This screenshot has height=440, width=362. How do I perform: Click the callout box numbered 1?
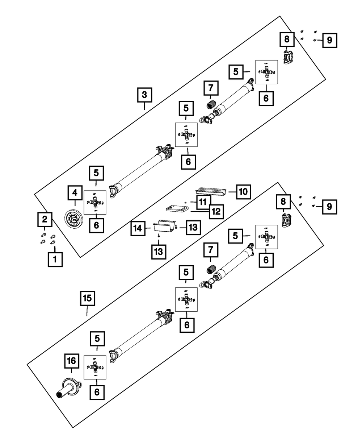55,260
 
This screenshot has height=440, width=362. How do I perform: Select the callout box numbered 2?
45,219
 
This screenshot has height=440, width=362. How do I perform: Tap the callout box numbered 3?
144,95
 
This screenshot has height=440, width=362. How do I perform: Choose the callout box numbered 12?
216,211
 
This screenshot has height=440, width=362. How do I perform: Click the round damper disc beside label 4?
74,219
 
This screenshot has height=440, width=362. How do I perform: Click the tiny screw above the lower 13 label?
159,235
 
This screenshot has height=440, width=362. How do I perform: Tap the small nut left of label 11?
185,202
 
